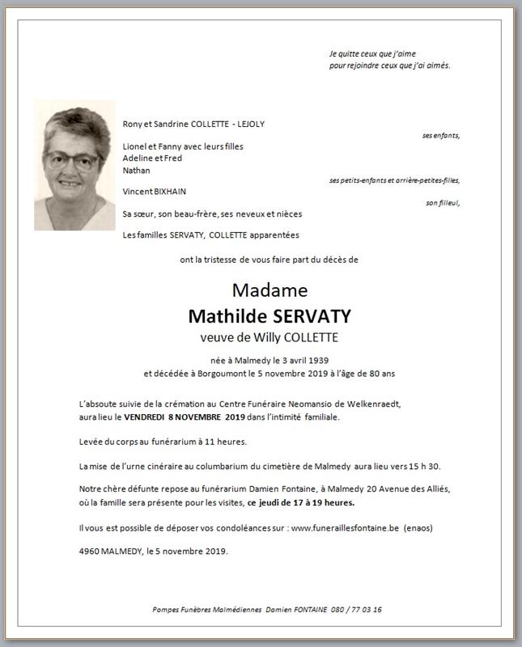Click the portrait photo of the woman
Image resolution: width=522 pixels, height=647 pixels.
click(x=74, y=165)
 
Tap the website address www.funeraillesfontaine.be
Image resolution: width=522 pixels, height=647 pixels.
click(x=345, y=528)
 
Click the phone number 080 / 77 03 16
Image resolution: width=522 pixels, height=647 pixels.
click(x=357, y=609)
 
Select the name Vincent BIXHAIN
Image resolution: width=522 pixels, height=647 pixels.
click(x=155, y=192)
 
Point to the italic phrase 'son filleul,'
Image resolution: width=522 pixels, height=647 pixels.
click(x=443, y=203)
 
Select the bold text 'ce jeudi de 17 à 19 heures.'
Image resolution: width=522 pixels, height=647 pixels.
click(x=303, y=502)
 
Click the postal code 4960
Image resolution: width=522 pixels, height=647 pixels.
click(x=90, y=552)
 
